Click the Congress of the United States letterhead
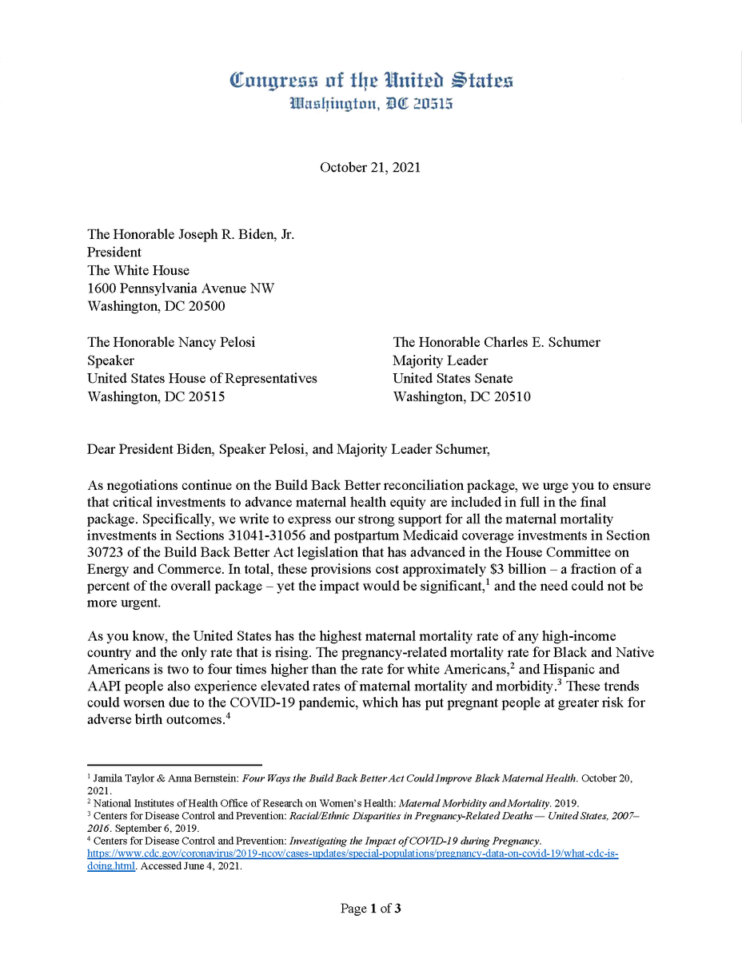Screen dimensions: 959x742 pos(370,82)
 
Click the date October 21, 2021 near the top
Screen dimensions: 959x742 pos(370,168)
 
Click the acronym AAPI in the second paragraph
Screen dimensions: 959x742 pos(104,686)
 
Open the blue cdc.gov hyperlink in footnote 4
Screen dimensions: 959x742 pos(352,854)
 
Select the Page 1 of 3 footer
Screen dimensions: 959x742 pos(370,909)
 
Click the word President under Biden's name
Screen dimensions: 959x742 pos(114,252)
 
